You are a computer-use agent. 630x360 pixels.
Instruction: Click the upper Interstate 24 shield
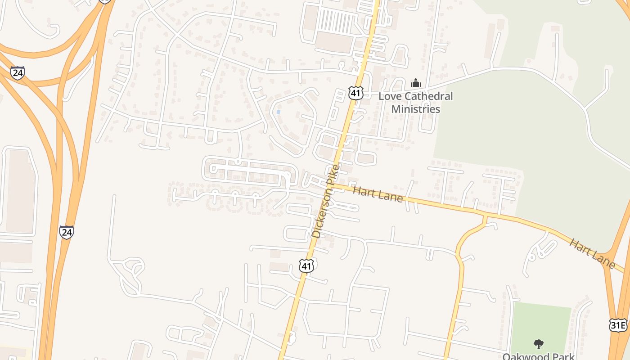[x=18, y=73]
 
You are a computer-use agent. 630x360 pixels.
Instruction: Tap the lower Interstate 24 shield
[x=67, y=232]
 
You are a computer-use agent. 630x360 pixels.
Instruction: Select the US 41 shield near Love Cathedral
[x=355, y=93]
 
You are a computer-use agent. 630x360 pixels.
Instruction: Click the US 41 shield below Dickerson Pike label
[x=306, y=266]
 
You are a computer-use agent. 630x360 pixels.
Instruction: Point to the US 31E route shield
[x=618, y=325]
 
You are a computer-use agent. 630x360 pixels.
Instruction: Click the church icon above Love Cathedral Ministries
[x=416, y=83]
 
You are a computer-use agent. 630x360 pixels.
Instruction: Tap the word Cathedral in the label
[x=426, y=96]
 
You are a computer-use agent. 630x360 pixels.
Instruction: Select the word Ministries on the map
[x=415, y=109]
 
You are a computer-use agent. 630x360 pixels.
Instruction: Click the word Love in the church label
[x=388, y=96]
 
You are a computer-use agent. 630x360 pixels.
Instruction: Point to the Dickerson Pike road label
[x=325, y=201]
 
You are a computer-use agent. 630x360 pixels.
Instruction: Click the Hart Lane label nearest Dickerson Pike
[x=378, y=194]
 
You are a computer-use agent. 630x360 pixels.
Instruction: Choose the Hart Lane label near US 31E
[x=592, y=254]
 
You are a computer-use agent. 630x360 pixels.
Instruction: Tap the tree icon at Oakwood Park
[x=538, y=344]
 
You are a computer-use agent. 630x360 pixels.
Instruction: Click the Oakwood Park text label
[x=538, y=356]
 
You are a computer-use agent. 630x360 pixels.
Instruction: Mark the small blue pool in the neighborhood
[x=278, y=111]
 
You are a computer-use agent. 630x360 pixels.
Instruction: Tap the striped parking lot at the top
[x=337, y=21]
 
